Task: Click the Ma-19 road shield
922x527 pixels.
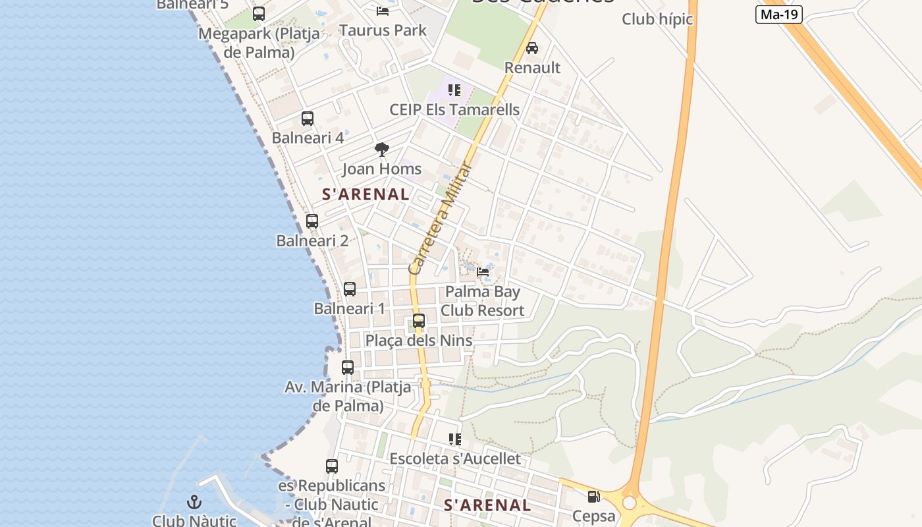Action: pyautogui.click(x=778, y=14)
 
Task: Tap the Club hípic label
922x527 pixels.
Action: pyautogui.click(x=657, y=19)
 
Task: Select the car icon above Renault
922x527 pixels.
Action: pyautogui.click(x=532, y=48)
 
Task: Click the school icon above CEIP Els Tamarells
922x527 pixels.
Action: pyautogui.click(x=454, y=90)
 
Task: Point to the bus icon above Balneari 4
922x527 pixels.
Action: pyautogui.click(x=308, y=119)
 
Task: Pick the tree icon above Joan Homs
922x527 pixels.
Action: pyautogui.click(x=381, y=150)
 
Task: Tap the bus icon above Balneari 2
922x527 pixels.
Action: pyautogui.click(x=312, y=221)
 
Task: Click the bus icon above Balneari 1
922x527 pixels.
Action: pyautogui.click(x=350, y=289)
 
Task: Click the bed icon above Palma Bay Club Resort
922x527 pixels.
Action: pyautogui.click(x=483, y=271)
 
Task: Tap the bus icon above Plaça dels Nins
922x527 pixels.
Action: pyautogui.click(x=419, y=321)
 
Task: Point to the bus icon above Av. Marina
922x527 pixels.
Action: pyautogui.click(x=348, y=368)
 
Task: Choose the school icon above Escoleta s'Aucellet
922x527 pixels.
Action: pyautogui.click(x=454, y=439)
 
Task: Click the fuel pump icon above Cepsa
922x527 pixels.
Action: pyautogui.click(x=593, y=497)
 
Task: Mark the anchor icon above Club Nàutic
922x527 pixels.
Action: pyautogui.click(x=194, y=502)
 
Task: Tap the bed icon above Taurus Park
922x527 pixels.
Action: pyautogui.click(x=382, y=11)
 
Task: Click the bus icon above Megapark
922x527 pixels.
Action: pyautogui.click(x=259, y=13)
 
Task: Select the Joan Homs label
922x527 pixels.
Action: pyautogui.click(x=381, y=169)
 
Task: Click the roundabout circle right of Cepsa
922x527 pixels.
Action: pyautogui.click(x=630, y=503)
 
